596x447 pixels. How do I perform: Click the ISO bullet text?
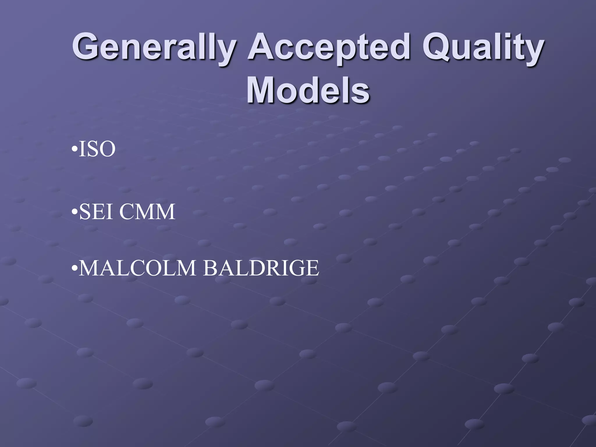tap(97, 149)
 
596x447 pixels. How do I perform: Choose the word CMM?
tap(147, 212)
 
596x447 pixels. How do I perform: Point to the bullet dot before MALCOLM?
tap(75, 269)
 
